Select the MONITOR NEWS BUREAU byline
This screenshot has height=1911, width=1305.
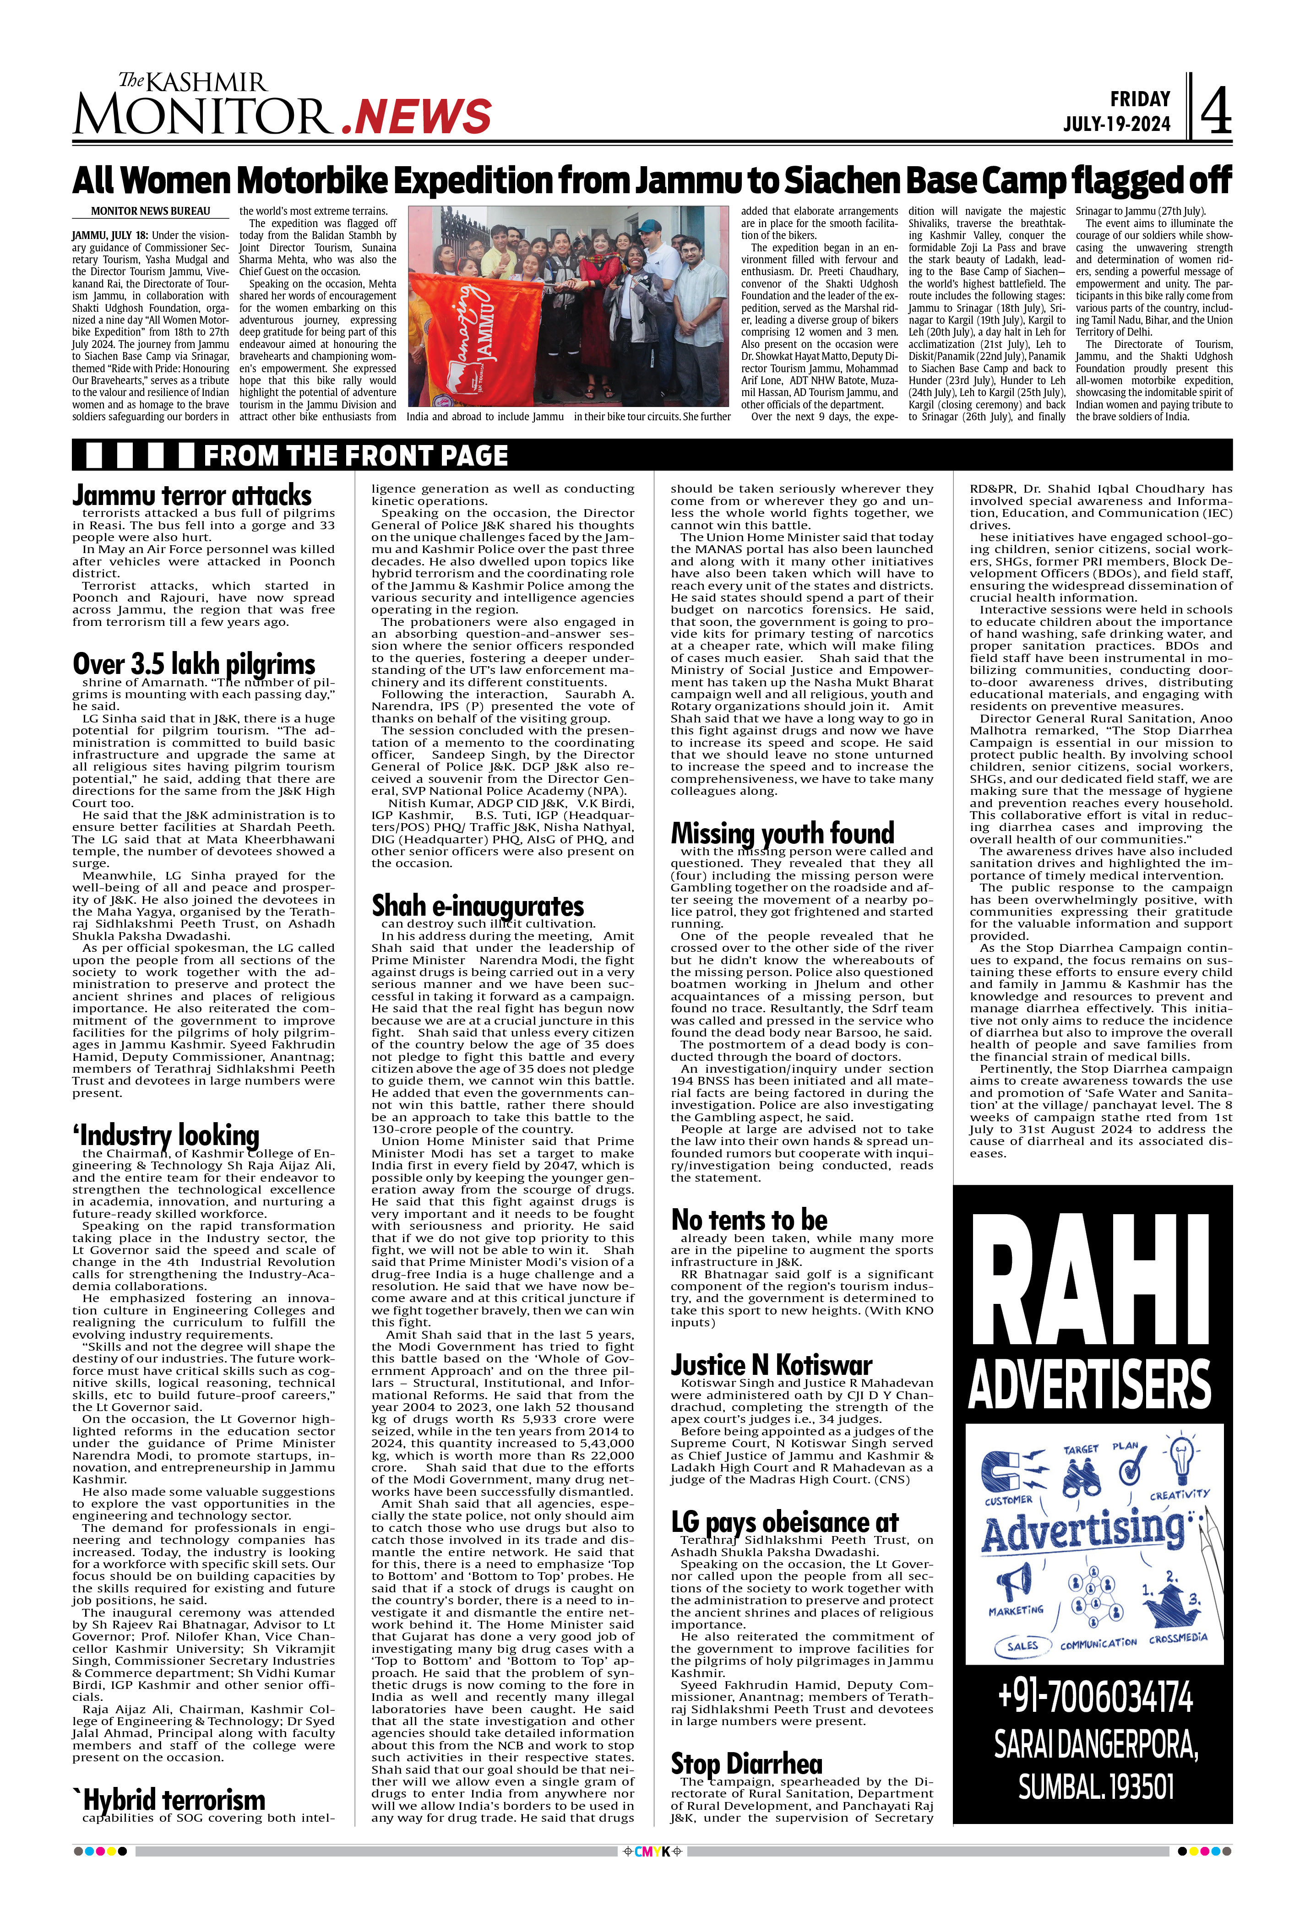[x=151, y=212]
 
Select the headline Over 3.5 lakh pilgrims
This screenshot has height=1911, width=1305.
[x=194, y=663]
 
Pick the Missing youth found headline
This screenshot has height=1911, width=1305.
[x=782, y=833]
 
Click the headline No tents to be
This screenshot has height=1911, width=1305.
[x=749, y=1220]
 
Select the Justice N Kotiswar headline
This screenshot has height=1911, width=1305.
[x=771, y=1365]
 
